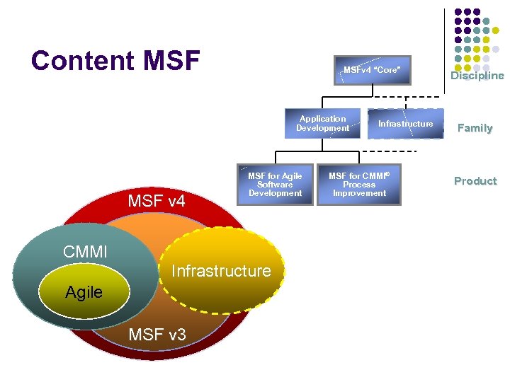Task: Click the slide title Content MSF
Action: point(115,61)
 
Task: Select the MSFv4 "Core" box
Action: point(372,70)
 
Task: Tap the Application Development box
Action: point(322,124)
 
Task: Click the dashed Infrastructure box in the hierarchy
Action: point(405,124)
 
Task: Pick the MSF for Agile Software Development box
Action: point(275,185)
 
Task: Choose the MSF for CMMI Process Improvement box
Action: point(360,185)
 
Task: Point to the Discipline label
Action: point(477,76)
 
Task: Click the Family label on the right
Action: point(475,128)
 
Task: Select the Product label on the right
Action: point(475,181)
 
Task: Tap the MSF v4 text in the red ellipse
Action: point(157,202)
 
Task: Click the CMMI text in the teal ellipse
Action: point(85,252)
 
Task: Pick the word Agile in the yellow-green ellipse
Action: point(84,292)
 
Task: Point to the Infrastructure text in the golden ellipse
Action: point(221,271)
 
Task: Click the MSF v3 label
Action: point(157,334)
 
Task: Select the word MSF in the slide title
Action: point(171,61)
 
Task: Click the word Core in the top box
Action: point(387,70)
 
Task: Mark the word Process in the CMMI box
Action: point(359,185)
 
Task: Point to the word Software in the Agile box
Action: point(275,185)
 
